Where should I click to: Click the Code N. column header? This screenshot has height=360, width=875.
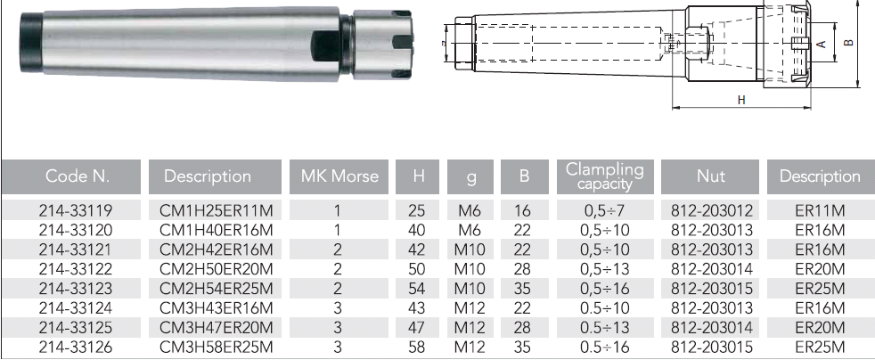71,176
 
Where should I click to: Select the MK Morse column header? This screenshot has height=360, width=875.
339,176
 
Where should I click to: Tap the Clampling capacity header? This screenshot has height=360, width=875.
605,176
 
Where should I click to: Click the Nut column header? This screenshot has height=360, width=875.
710,176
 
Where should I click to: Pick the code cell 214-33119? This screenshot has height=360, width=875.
76,211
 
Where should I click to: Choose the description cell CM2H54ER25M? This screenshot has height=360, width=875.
217,289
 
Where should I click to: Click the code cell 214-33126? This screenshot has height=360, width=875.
76,348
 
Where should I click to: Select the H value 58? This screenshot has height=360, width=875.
417,348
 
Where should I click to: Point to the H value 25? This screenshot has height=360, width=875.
417,211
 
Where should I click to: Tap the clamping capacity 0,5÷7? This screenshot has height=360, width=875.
605,211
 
